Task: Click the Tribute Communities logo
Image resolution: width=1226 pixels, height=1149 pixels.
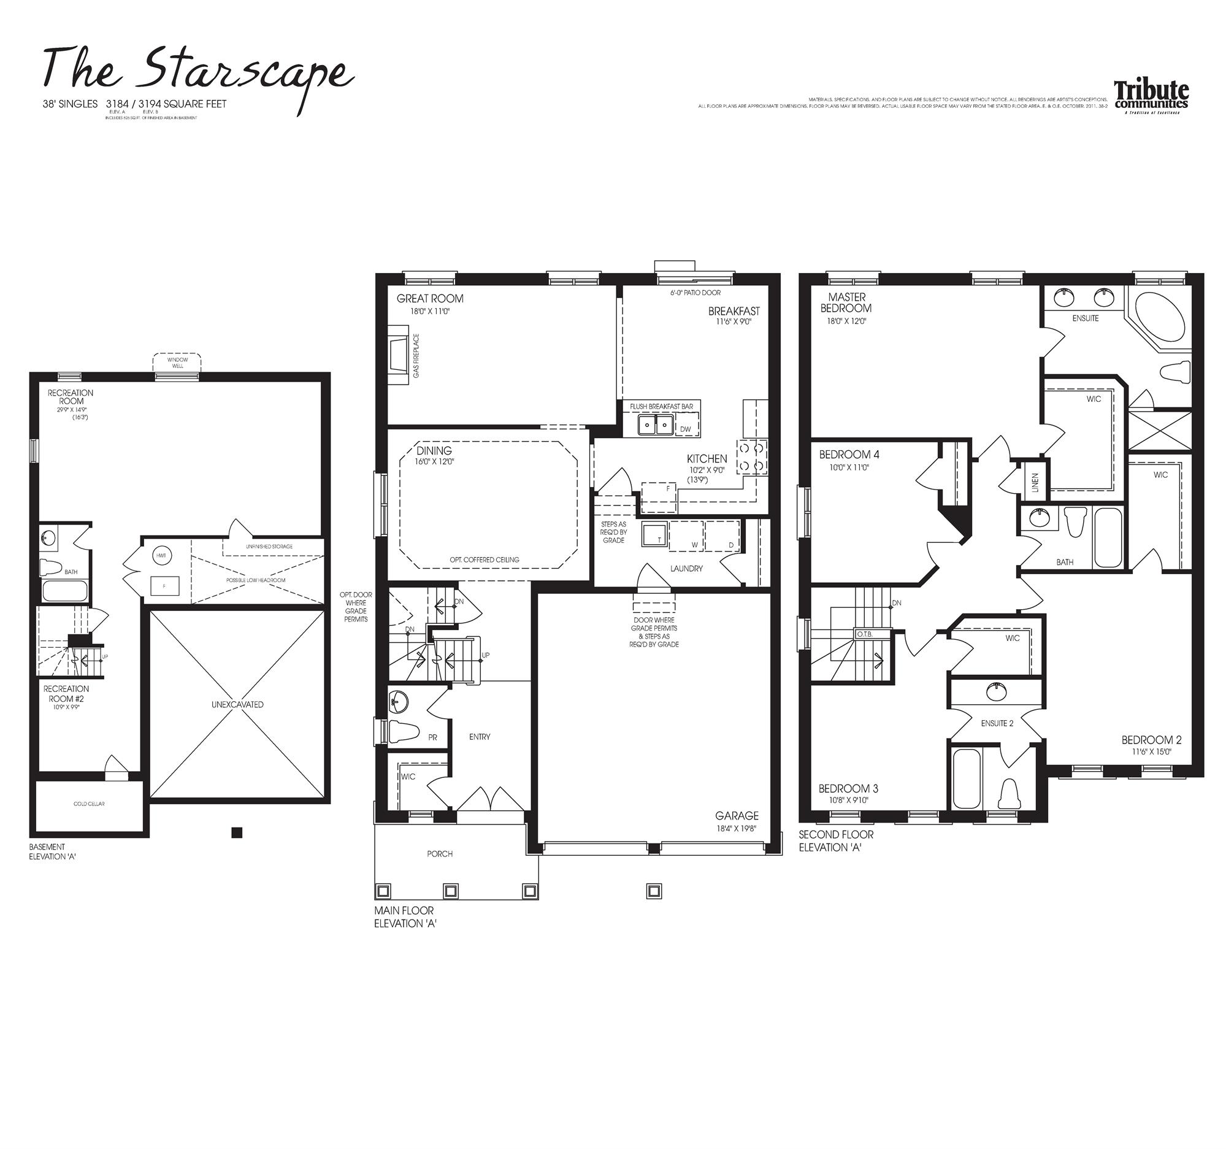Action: click(1151, 97)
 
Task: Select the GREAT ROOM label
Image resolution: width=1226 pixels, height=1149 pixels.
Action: click(430, 299)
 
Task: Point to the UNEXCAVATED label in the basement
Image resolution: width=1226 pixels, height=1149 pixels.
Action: click(237, 704)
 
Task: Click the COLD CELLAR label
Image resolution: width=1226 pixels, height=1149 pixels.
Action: click(90, 804)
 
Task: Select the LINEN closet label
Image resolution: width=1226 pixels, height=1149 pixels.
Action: click(1035, 482)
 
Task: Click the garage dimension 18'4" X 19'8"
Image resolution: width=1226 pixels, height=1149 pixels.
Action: click(736, 828)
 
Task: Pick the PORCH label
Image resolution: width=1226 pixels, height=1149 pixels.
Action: click(440, 853)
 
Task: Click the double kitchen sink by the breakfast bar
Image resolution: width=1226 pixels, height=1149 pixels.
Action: click(655, 425)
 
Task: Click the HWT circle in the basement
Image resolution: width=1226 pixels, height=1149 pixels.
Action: click(161, 556)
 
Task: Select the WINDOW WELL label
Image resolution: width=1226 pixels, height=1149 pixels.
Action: click(178, 363)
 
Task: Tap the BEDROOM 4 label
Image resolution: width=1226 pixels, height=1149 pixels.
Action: click(849, 455)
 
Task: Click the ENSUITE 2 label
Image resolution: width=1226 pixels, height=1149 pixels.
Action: click(997, 723)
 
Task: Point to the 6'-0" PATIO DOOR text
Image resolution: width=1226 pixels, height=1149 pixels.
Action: click(695, 293)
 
